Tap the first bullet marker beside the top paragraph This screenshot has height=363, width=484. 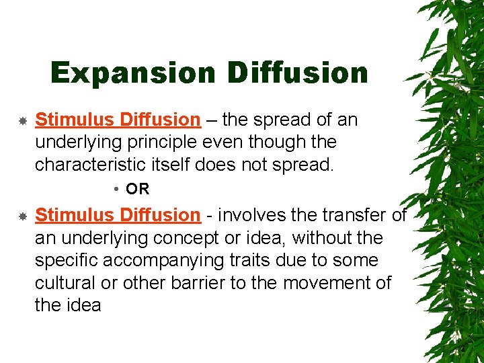(x=22, y=122)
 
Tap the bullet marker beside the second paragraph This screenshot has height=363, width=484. (x=22, y=216)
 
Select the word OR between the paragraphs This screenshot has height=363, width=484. (x=138, y=190)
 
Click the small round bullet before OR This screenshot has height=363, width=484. (x=117, y=190)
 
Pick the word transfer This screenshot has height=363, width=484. (x=356, y=215)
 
